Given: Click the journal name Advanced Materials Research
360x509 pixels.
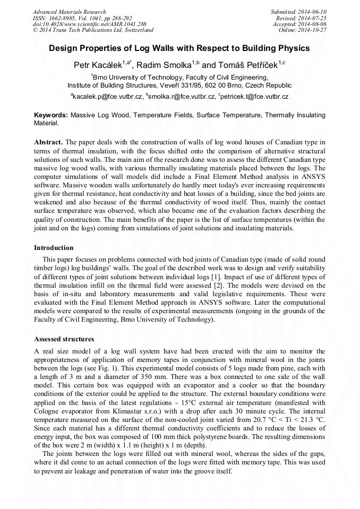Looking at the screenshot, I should pos(69,12).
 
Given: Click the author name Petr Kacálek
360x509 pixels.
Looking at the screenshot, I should pos(99,65).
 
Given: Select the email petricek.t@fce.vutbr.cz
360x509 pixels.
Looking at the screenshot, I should pos(255,97).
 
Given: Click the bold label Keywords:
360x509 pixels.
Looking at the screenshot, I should pos(51,115).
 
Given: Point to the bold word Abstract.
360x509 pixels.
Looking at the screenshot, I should pos(48,143).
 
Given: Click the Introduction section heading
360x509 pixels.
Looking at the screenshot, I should pos(54,248).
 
